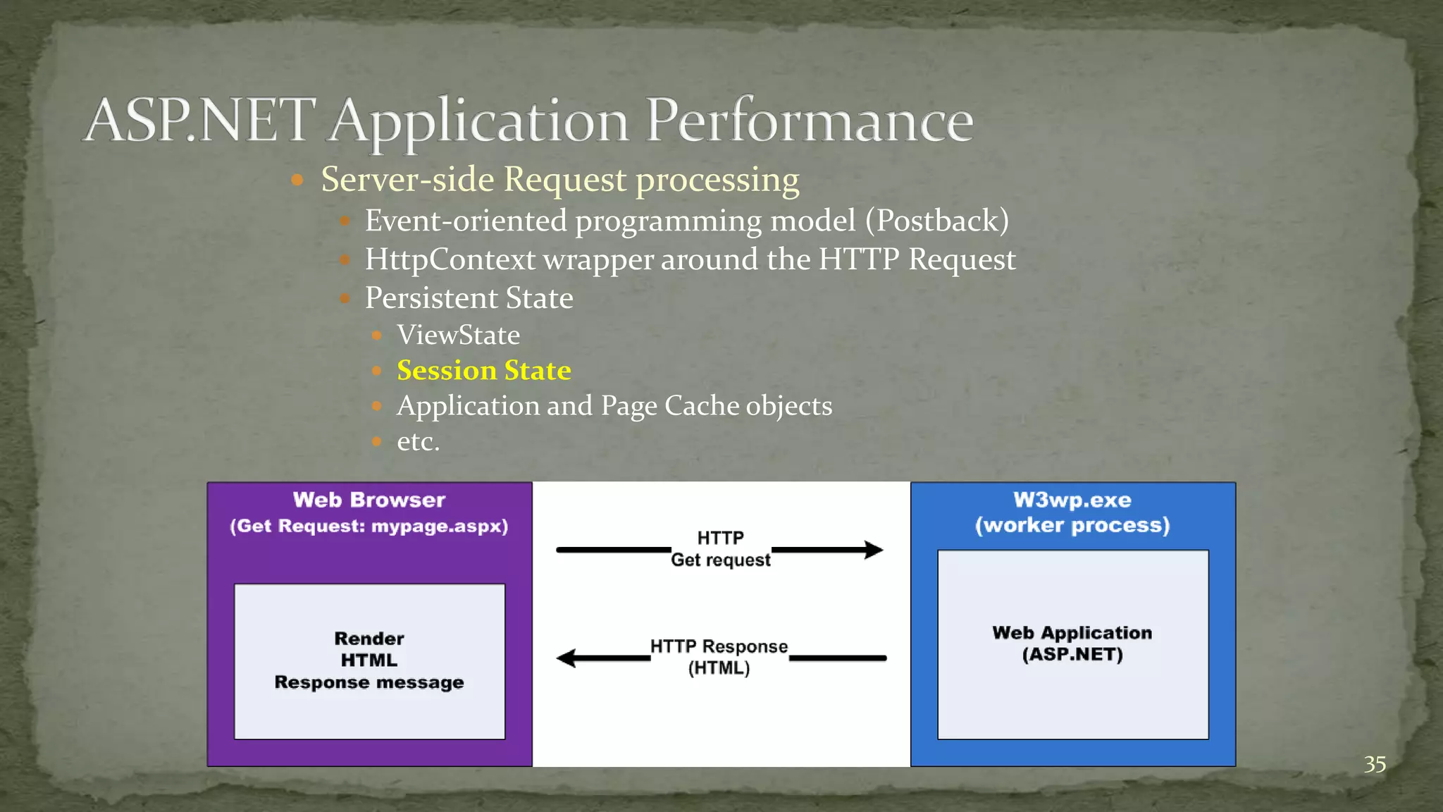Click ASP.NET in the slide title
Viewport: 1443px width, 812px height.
pyautogui.click(x=201, y=121)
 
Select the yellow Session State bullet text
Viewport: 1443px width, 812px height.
pyautogui.click(x=483, y=370)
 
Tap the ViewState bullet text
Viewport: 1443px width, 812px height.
pyautogui.click(x=458, y=335)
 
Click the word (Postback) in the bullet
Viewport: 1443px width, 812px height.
pyautogui.click(x=937, y=221)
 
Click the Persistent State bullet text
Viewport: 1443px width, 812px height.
pyautogui.click(x=469, y=297)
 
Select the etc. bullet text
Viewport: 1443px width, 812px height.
pyautogui.click(x=418, y=441)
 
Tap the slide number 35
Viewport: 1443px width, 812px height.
pyautogui.click(x=1374, y=764)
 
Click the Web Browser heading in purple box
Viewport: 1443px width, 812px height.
pyautogui.click(x=369, y=500)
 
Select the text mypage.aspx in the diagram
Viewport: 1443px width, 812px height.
pyautogui.click(x=439, y=526)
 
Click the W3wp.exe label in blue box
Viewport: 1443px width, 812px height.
pyautogui.click(x=1072, y=500)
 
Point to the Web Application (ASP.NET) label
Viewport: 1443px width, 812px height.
pyautogui.click(x=1072, y=643)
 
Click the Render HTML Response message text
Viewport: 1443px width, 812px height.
pyautogui.click(x=369, y=660)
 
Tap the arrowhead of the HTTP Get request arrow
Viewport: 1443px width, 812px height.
pyautogui.click(x=874, y=550)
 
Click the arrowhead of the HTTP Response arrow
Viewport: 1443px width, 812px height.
pyautogui.click(x=566, y=658)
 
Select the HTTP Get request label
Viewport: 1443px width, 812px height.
pyautogui.click(x=720, y=548)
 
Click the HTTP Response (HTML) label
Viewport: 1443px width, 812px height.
pyautogui.click(x=719, y=656)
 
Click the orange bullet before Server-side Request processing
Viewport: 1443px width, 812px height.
pyautogui.click(x=297, y=180)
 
